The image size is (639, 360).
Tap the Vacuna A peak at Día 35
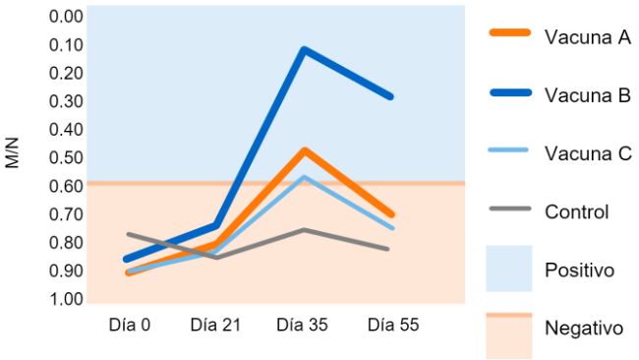pyautogui.click(x=305, y=150)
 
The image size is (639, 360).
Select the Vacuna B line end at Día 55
pyautogui.click(x=391, y=96)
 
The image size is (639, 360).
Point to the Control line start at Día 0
pyautogui.click(x=128, y=234)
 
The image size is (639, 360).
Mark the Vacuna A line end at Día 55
pyautogui.click(x=391, y=214)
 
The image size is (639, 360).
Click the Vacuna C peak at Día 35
pyautogui.click(x=305, y=177)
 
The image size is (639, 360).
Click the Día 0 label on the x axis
pyautogui.click(x=129, y=325)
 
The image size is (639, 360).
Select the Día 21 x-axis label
pyautogui.click(x=215, y=325)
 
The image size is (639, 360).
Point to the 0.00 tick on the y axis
pyautogui.click(x=67, y=17)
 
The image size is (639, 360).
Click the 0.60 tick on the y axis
pyautogui.click(x=67, y=186)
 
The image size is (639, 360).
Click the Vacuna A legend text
pyautogui.click(x=587, y=37)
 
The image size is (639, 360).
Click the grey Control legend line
pyautogui.click(x=510, y=209)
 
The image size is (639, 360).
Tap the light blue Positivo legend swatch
pyautogui.click(x=510, y=269)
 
